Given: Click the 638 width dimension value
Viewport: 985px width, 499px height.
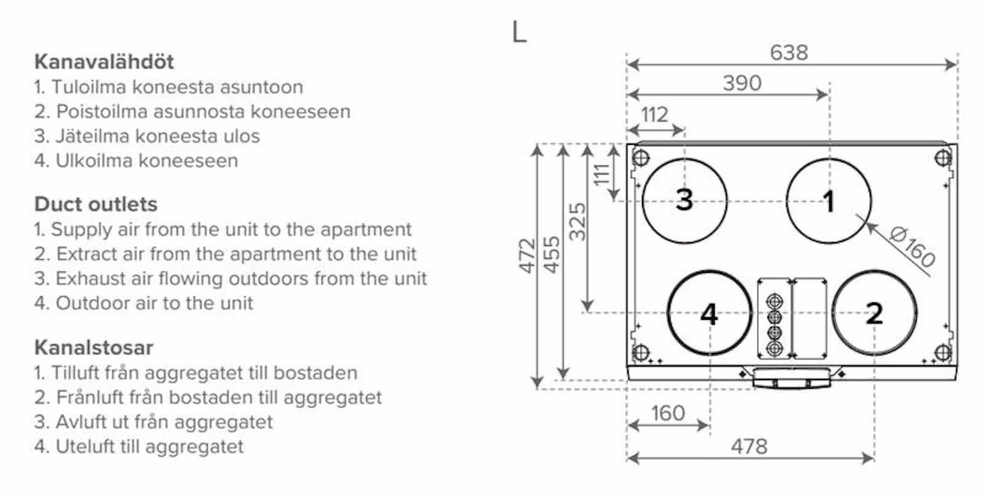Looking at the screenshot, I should point(789,53).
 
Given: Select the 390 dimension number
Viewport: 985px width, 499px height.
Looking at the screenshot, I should point(742,83).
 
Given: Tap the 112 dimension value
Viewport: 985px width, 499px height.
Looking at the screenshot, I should point(654,115).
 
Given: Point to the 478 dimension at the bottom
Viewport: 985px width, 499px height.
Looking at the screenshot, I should point(749,446).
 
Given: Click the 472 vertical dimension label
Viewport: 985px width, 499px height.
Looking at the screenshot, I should point(527,255).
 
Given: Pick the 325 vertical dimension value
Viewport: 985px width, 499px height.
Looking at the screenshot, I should point(577,221).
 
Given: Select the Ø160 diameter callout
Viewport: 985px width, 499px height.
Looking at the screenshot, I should point(913,246).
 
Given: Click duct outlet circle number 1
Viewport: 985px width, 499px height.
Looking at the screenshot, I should point(829,201).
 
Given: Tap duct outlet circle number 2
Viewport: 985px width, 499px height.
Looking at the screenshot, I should point(874,313).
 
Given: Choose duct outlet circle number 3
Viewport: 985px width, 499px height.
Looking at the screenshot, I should point(685,200).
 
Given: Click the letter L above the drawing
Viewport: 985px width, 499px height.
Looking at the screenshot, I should point(519,32).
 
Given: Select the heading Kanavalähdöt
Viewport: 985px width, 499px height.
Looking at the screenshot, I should point(104,62).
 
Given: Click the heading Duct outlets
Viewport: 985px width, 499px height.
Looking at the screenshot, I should point(96,204).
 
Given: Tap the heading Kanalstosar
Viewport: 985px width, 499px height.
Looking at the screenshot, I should point(94,347).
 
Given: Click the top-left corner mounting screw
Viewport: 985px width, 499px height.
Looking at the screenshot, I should point(641,158).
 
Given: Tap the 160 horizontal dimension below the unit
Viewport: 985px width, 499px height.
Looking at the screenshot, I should point(668,413).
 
